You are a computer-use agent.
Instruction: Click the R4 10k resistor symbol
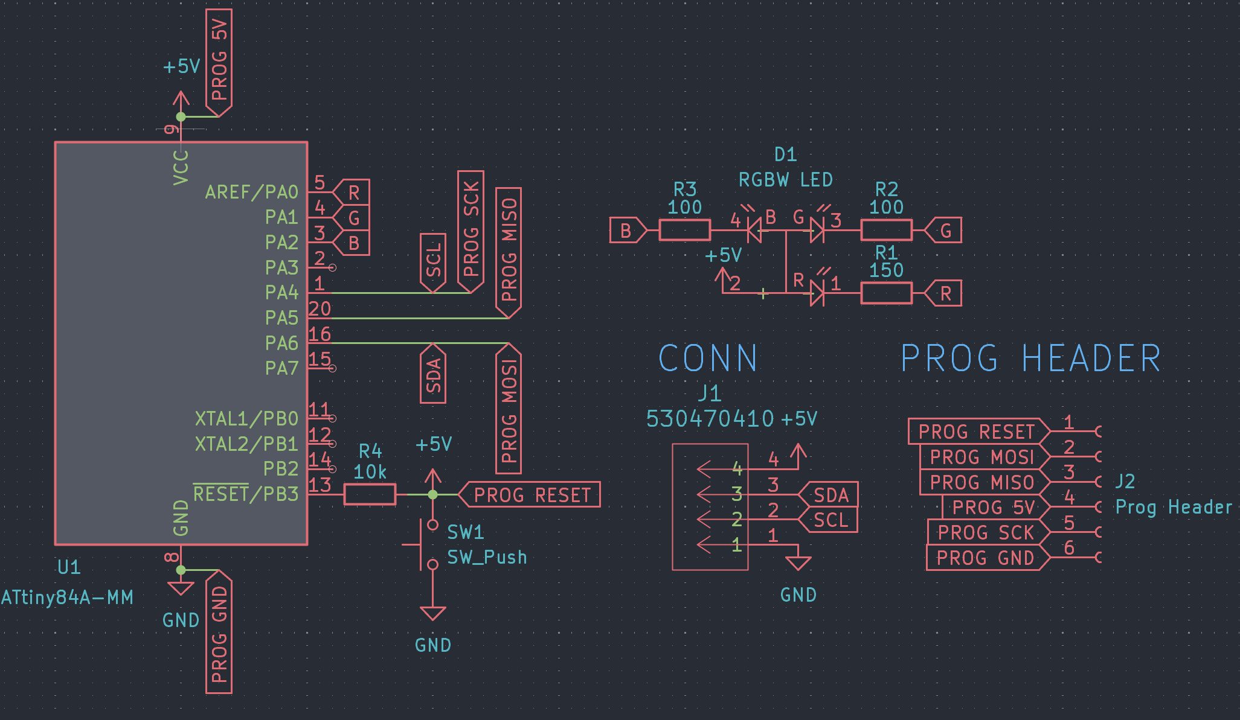pos(370,494)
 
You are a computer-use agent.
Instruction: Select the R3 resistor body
pos(684,230)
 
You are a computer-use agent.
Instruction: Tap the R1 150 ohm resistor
pos(886,293)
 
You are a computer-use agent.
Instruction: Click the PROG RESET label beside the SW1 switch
pos(530,495)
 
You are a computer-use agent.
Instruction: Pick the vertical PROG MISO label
pos(509,252)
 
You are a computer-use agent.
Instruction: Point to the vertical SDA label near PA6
pos(433,374)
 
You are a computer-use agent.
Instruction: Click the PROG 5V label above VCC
pos(219,60)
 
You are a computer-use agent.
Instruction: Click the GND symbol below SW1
pos(432,614)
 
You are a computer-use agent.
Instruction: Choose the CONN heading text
pos(708,358)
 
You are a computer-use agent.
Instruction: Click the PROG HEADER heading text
pos(1030,358)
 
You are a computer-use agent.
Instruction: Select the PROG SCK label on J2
pos(986,532)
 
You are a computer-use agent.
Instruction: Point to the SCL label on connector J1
pos(830,520)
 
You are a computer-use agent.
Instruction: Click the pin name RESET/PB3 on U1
pos(246,494)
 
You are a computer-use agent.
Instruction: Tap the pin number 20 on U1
pos(320,309)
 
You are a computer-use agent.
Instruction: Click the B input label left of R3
pos(627,231)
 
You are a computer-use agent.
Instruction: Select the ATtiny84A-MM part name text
pos(67,597)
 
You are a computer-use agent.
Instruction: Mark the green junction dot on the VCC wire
pos(181,116)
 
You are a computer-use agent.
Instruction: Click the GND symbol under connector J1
pos(798,562)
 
